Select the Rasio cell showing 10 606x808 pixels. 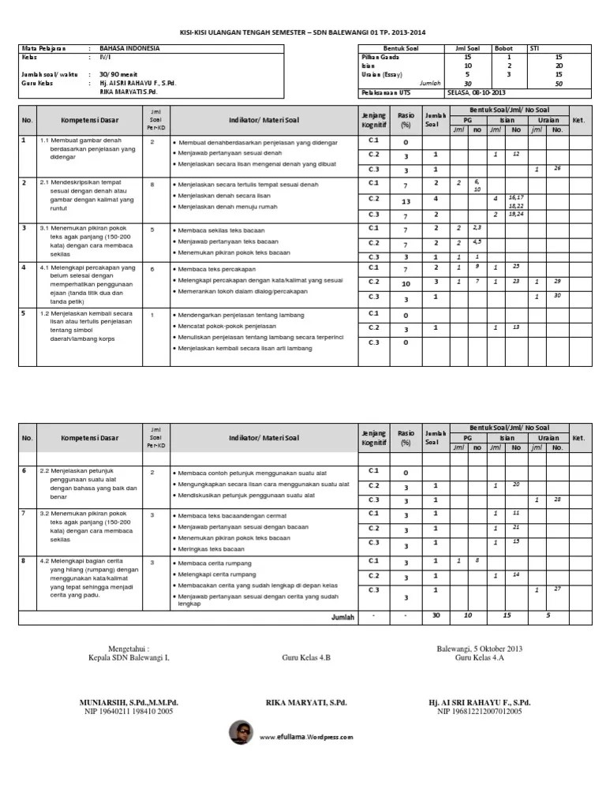click(406, 283)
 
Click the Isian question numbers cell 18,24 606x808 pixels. click(515, 214)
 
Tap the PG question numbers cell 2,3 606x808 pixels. click(477, 227)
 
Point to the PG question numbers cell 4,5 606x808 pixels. click(477, 241)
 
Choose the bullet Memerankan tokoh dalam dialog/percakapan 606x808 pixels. click(244, 291)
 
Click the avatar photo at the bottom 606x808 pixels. click(241, 733)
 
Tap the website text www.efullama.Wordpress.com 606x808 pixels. click(305, 737)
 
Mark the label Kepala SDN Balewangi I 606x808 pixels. click(129, 657)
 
